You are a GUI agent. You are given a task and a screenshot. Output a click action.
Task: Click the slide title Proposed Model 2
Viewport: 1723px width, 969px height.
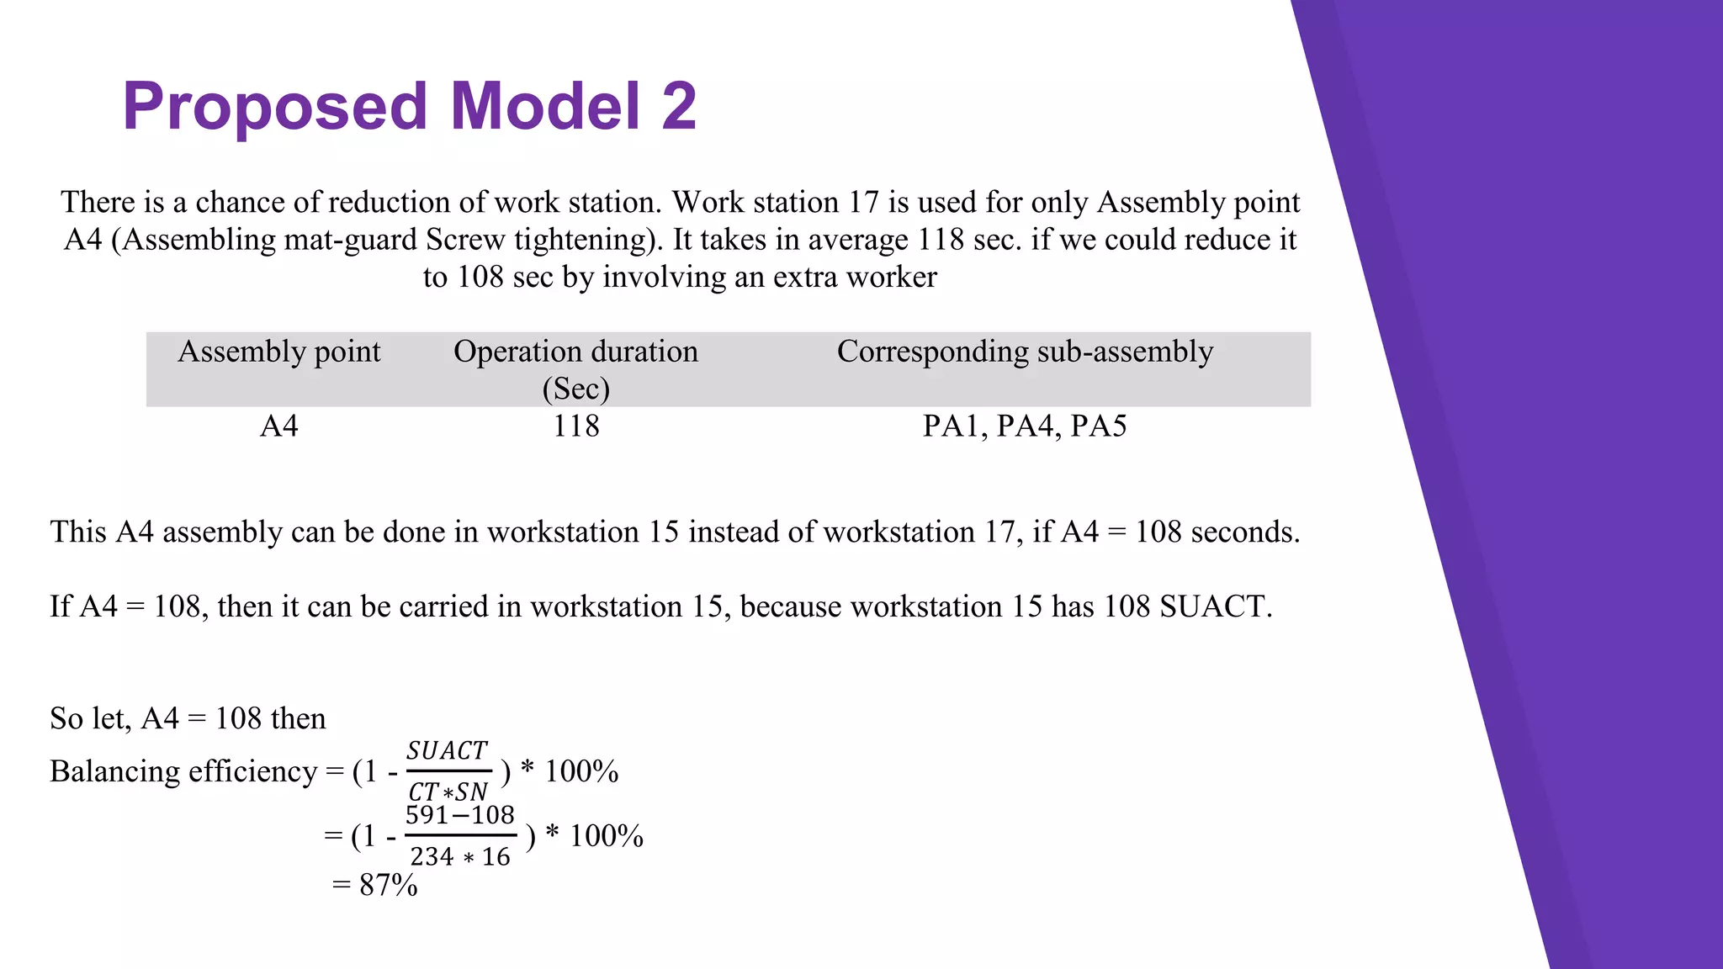click(410, 106)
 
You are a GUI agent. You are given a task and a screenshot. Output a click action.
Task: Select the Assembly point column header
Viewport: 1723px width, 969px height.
click(278, 352)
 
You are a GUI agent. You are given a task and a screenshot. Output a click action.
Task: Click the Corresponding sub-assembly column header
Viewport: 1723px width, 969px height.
click(1025, 352)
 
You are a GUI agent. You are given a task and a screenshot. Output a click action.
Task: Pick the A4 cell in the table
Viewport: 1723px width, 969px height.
click(278, 426)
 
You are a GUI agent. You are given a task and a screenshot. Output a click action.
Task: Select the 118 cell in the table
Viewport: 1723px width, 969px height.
click(575, 426)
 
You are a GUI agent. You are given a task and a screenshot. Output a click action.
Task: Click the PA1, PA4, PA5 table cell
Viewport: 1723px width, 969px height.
click(1025, 426)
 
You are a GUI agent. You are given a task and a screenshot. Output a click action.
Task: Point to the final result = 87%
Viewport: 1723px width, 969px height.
click(375, 885)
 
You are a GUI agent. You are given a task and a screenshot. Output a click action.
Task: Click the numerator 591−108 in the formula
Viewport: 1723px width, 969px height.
click(459, 815)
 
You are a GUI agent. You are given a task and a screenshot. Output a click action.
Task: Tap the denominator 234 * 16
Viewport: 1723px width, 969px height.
click(459, 857)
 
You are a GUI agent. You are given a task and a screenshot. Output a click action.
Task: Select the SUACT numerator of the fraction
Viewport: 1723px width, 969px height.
click(447, 750)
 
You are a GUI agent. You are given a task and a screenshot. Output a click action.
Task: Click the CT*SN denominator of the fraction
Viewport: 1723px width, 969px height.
click(448, 792)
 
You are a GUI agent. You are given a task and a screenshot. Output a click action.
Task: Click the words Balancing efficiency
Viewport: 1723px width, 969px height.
click(183, 771)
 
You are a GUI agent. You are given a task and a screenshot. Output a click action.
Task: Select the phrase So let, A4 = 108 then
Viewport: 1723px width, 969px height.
click(188, 718)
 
